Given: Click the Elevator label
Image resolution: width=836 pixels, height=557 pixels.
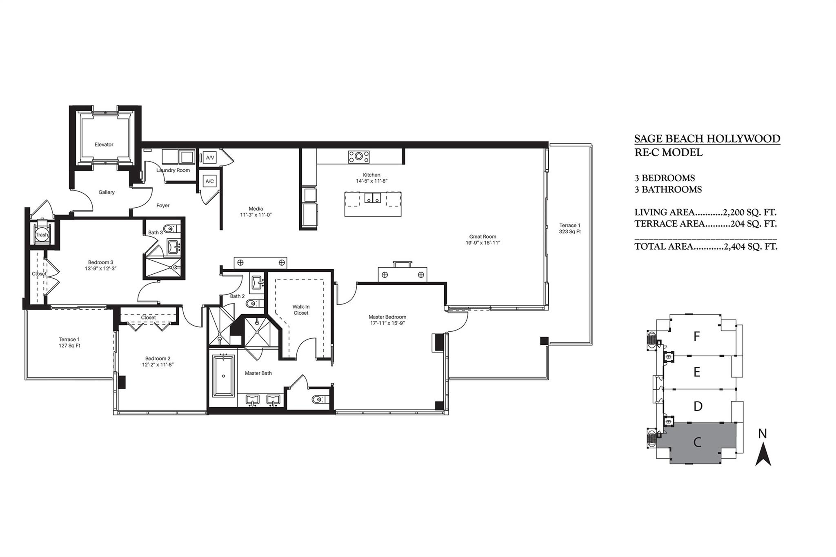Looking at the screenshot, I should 104,144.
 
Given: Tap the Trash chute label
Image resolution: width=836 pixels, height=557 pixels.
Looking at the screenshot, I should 41,235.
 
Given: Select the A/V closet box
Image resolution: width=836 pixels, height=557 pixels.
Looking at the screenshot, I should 210,158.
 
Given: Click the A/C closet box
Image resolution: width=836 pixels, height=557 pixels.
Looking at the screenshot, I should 210,181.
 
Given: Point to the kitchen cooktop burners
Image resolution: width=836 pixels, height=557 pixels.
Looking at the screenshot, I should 358,157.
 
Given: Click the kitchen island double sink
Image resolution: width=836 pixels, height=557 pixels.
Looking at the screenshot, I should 372,198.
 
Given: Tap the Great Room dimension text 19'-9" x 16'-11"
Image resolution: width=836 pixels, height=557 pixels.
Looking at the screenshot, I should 482,242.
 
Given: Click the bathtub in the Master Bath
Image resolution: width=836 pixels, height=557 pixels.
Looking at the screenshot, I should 223,375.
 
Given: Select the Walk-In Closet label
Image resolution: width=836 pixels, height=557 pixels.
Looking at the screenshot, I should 300,310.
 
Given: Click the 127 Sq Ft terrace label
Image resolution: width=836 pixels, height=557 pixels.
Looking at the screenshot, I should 69,346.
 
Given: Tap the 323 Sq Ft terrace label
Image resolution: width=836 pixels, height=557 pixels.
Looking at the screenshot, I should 569,231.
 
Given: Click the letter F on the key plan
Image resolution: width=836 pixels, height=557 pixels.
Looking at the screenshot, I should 697,336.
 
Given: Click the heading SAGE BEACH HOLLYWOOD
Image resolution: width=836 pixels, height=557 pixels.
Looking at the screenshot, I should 707,139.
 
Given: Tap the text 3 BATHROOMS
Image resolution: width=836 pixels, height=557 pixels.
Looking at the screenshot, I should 668,189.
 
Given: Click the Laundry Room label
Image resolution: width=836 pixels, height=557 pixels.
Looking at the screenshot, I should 173,170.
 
